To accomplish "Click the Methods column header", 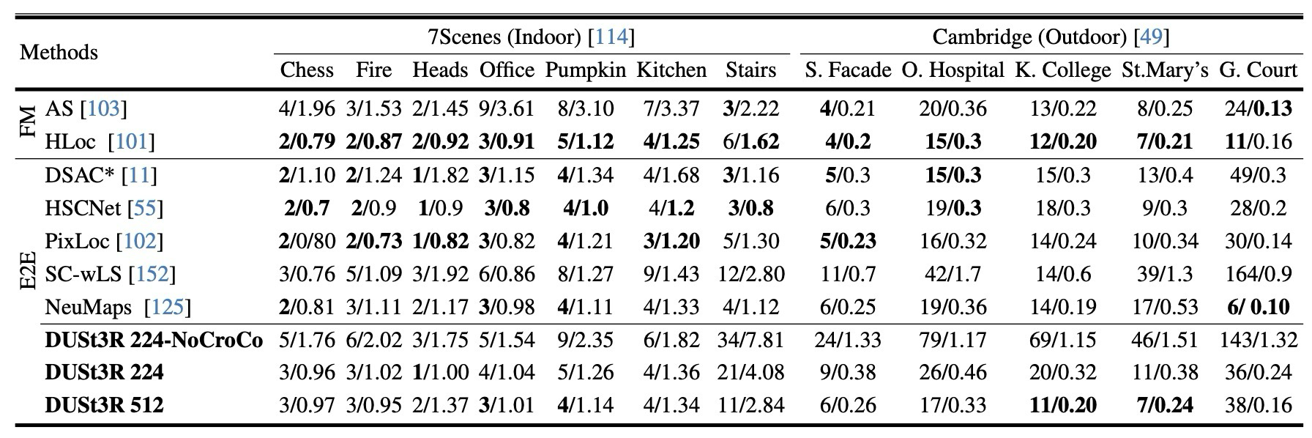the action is [59, 53].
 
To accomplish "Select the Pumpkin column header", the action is [585, 70].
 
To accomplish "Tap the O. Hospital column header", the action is [953, 70].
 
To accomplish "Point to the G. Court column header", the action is [1258, 70].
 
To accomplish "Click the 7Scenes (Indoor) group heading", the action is [532, 36].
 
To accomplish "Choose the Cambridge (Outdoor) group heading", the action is [1051, 36].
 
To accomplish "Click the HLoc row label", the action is [100, 141].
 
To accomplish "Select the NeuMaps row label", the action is [118, 306].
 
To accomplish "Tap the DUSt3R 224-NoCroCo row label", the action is [154, 340].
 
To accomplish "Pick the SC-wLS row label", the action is [111, 274].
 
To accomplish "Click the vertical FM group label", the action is [28, 125].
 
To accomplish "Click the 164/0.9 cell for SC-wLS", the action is [1258, 274].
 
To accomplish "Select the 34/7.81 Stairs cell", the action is [750, 340].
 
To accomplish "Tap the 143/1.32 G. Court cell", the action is [1258, 340].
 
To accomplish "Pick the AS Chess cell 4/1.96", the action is [307, 109].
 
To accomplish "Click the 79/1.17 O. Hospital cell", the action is [953, 340].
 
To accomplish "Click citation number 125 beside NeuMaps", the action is [167, 306].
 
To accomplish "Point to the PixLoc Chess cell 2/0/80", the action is [307, 241].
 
